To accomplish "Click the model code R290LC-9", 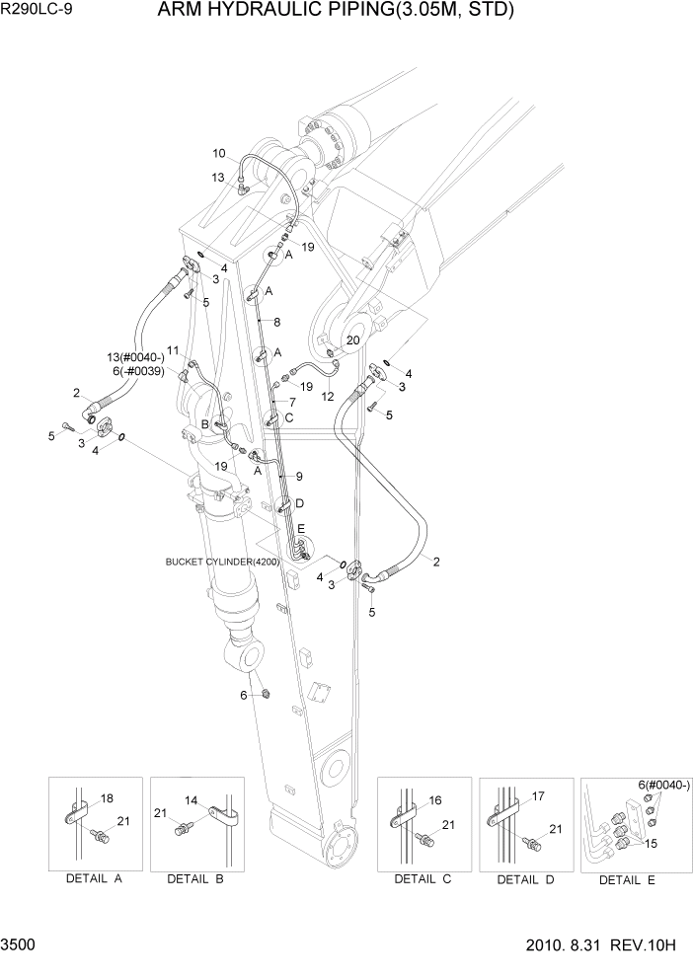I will (36, 13).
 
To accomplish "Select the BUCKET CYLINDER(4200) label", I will (223, 562).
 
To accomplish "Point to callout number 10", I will (219, 153).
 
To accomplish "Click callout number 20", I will (352, 340).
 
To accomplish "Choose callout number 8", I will (277, 322).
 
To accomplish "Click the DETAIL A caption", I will (93, 878).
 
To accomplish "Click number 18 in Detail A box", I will (108, 797).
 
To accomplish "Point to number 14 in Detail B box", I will (191, 800).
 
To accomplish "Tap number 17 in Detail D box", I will (539, 795).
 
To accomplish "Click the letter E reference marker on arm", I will (302, 528).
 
